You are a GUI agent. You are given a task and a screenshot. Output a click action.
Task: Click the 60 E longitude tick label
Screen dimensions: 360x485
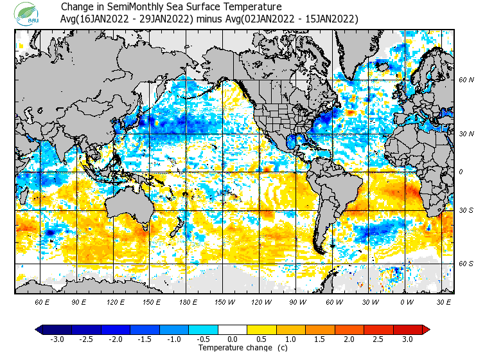pyautogui.click(x=42, y=301)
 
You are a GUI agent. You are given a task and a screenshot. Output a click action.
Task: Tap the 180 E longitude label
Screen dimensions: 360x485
pyautogui.click(x=189, y=301)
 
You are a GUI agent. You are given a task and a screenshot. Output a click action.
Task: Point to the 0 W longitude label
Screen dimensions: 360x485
pyautogui.click(x=407, y=301)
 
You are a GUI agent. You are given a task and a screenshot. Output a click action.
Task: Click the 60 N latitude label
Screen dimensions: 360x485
pyautogui.click(x=466, y=80)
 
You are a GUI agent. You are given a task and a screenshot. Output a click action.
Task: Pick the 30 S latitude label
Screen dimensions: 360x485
pyautogui.click(x=466, y=211)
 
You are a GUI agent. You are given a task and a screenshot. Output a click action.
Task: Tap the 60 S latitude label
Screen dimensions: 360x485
pyautogui.click(x=466, y=264)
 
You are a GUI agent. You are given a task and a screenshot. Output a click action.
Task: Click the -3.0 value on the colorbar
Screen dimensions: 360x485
pyautogui.click(x=57, y=339)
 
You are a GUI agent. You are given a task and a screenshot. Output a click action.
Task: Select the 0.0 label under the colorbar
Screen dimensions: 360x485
pyautogui.click(x=233, y=339)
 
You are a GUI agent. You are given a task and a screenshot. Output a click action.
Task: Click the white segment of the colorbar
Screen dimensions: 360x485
pyautogui.click(x=233, y=330)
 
